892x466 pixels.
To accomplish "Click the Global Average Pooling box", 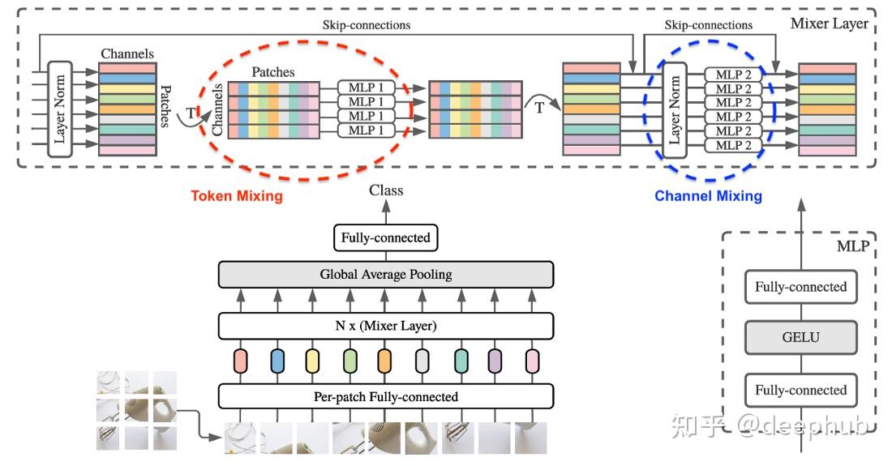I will click(386, 274).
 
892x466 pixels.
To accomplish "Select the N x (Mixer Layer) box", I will click(386, 327).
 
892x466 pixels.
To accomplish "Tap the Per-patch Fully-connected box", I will click(386, 396).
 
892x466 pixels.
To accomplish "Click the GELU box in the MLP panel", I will click(800, 338).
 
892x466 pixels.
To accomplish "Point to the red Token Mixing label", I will click(237, 196).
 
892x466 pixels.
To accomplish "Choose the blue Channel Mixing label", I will click(708, 196).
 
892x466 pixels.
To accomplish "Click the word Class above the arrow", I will click(386, 190).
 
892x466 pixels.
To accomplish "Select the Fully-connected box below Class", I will click(386, 238).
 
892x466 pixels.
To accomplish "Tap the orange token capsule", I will click(384, 361).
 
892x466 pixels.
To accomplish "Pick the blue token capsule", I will click(277, 361).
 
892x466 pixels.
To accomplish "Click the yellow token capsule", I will click(313, 361).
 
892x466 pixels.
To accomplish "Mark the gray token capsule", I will click(422, 361).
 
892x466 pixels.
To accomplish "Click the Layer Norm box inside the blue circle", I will click(672, 111).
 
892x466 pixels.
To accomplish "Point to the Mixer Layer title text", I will click(830, 24).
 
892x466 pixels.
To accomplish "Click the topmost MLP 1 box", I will click(367, 88).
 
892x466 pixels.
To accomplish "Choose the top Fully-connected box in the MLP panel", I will click(800, 287).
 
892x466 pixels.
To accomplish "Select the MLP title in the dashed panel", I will click(852, 246).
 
